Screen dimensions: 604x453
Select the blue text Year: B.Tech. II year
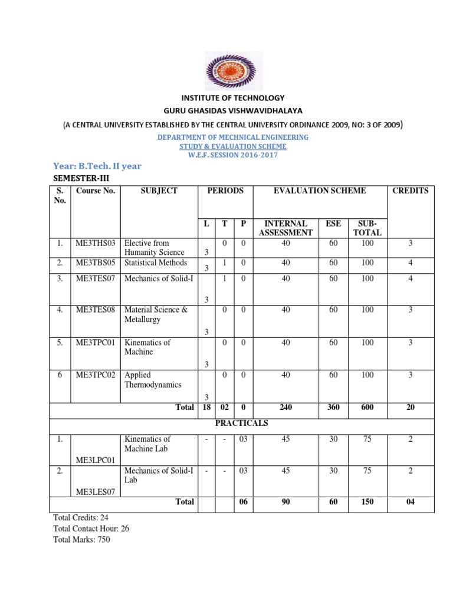(97, 166)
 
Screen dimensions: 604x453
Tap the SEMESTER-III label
(81, 178)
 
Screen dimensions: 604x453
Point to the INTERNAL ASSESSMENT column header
(285, 228)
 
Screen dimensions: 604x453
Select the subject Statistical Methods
(156, 262)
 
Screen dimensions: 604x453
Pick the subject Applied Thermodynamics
(153, 380)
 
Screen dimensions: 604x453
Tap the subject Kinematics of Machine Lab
(147, 444)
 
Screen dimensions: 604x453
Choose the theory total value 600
(367, 407)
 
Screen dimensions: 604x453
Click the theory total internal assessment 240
(286, 407)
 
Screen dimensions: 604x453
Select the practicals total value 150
(367, 502)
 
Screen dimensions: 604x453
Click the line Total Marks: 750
(81, 539)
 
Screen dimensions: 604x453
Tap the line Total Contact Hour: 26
(91, 528)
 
